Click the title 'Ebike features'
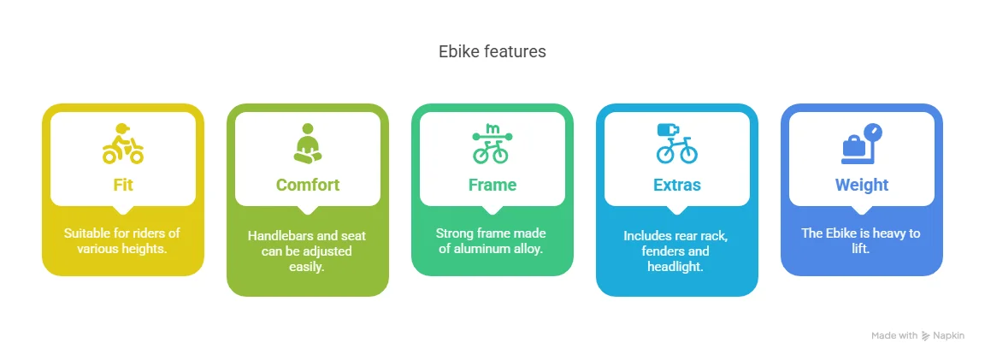(x=492, y=51)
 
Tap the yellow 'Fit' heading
(x=123, y=185)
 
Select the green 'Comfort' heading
(x=308, y=185)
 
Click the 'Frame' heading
(x=492, y=185)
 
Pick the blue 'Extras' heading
(x=677, y=185)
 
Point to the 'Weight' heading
(x=862, y=185)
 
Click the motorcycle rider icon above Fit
(x=123, y=144)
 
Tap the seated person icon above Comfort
(x=308, y=144)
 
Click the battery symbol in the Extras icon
(x=668, y=130)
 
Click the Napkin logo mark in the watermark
(x=926, y=336)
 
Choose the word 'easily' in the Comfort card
(x=308, y=267)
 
